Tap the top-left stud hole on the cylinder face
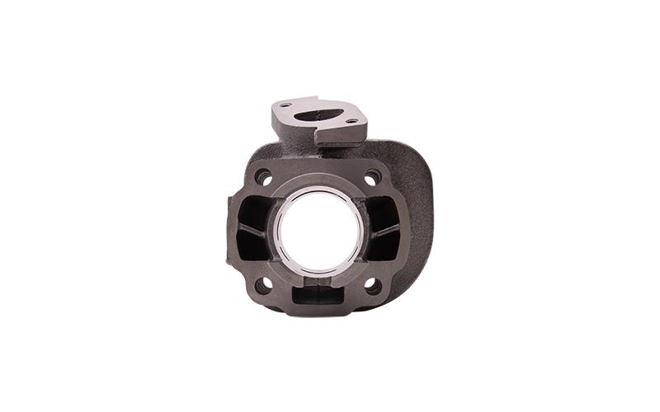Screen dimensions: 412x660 pyautogui.click(x=263, y=176)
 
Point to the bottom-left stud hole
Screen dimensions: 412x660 pyautogui.click(x=263, y=285)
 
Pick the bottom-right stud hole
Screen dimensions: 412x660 pyautogui.click(x=372, y=285)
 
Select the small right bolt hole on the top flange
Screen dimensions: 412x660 pyautogui.click(x=352, y=121)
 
